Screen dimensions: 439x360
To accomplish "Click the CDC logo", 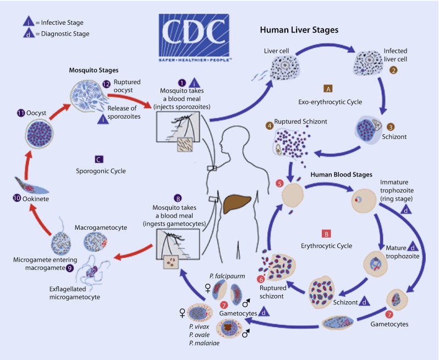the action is (194, 38).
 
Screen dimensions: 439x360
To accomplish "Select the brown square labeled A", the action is (328, 88).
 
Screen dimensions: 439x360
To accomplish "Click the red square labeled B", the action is (326, 234).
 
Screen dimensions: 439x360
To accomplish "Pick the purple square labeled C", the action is (98, 159).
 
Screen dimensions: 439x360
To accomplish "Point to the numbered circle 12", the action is (106, 84).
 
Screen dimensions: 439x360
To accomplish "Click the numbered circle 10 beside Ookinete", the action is (17, 198).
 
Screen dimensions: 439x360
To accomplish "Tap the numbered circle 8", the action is (178, 198).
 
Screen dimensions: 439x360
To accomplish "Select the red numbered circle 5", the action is (279, 184).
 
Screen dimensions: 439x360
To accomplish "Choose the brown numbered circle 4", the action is (270, 126).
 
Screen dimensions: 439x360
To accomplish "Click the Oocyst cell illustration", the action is (40, 133).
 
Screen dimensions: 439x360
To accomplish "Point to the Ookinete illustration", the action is (31, 186).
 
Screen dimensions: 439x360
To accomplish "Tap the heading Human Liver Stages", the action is (299, 30).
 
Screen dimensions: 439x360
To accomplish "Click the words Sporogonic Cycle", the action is (101, 171).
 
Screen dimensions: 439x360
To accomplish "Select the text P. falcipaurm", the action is (227, 276).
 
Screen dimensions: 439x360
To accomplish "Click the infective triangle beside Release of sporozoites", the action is (103, 119).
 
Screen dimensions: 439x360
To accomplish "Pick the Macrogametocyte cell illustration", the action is (96, 242).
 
